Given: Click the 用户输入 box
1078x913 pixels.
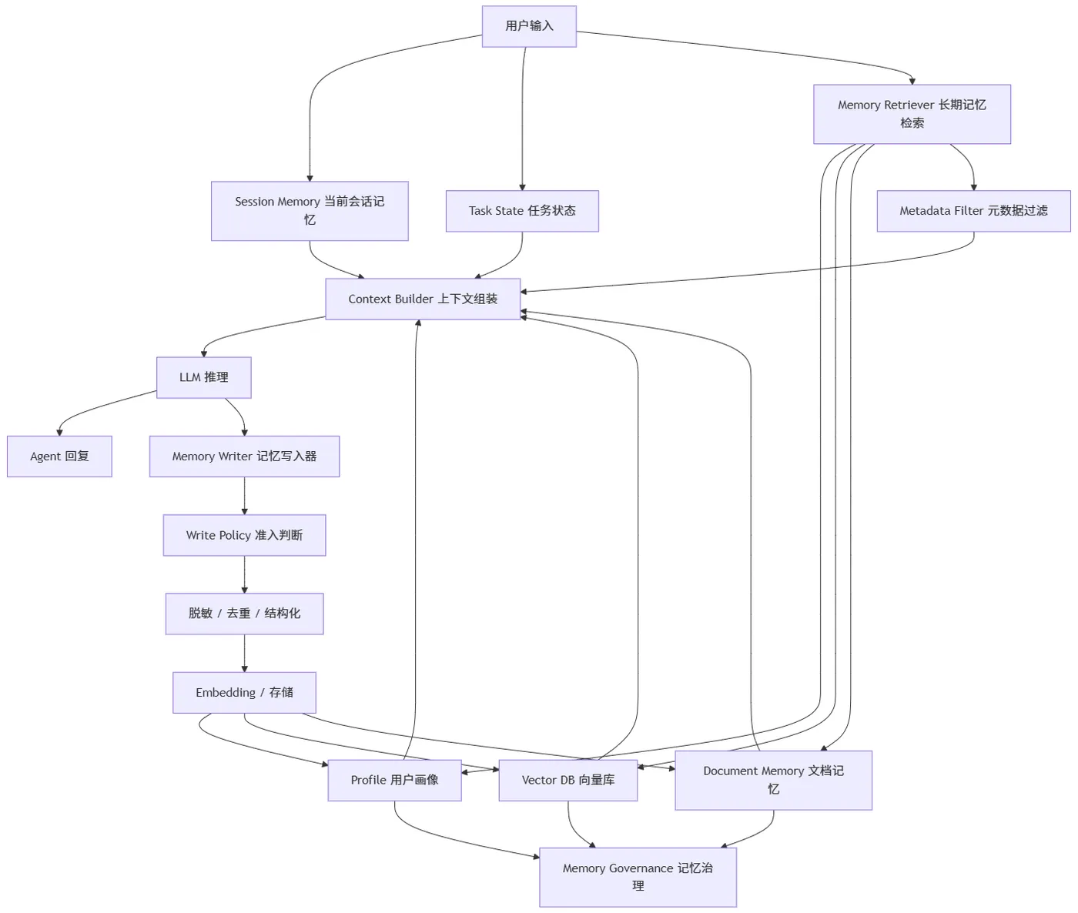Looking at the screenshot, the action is (529, 27).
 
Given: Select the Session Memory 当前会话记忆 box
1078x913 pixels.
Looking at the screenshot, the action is (310, 211).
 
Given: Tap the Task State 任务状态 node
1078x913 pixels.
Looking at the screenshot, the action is (522, 211).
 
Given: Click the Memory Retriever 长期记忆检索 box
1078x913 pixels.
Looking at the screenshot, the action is (912, 114).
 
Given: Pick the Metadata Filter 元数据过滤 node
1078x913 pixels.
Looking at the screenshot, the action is (974, 211).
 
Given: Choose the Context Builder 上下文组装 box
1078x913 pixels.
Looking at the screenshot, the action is (423, 299).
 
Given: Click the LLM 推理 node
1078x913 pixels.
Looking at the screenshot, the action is (204, 377).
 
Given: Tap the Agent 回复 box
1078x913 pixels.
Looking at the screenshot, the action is (59, 456).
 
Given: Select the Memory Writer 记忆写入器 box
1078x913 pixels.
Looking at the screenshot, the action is (245, 456).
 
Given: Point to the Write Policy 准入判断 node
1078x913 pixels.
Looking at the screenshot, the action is (245, 535).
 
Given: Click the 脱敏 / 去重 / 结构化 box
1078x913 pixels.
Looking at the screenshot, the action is (245, 614).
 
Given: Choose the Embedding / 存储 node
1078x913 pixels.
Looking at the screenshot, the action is (245, 692).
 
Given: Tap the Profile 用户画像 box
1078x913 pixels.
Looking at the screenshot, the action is (395, 780).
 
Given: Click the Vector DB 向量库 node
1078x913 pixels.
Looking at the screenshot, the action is (568, 780).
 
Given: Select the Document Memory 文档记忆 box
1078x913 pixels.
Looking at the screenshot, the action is (773, 780).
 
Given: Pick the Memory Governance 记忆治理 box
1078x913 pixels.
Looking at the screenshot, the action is (638, 877).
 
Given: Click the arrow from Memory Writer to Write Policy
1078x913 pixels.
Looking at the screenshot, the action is (245, 496).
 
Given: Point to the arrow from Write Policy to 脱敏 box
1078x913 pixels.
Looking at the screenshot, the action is (245, 574).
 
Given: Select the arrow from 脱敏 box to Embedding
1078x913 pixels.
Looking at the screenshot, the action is (245, 654).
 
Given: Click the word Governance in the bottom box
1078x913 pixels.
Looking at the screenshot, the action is (641, 868).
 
